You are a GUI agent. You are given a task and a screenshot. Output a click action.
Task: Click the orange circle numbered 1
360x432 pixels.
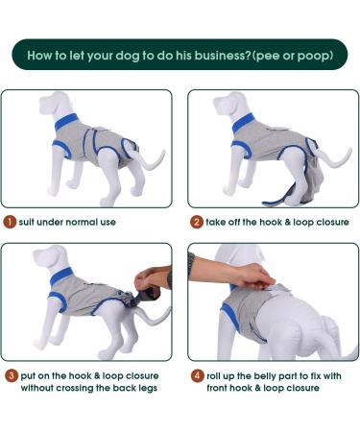point(10,222)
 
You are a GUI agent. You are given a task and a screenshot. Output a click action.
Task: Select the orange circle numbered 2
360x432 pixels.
point(197,222)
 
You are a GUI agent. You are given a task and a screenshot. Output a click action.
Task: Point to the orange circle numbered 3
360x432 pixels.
point(12,375)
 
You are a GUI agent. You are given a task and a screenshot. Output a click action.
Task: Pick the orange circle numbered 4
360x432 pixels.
point(198,375)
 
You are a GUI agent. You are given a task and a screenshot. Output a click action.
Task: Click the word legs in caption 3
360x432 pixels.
point(148,389)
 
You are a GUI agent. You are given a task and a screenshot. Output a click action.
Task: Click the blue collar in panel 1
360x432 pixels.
point(66,121)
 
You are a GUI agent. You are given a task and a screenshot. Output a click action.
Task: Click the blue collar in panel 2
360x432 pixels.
point(243,123)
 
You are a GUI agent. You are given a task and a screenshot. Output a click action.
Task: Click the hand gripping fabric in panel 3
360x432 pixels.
point(150,279)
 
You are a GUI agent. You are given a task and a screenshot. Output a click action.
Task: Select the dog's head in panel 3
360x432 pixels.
point(50,257)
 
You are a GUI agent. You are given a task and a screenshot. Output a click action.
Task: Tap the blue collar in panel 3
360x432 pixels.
point(61,276)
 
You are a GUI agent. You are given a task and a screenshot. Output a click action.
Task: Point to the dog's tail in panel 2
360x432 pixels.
point(333,157)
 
